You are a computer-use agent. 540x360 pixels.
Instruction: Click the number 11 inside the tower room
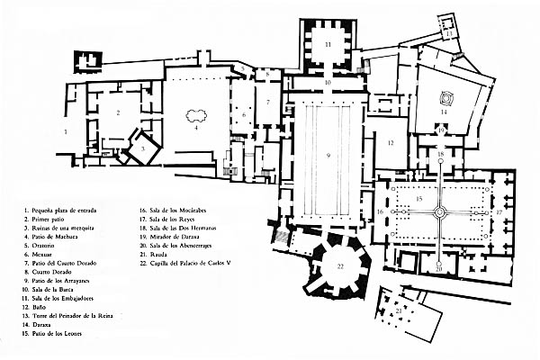pos(328,43)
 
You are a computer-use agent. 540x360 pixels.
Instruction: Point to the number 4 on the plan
pos(194,127)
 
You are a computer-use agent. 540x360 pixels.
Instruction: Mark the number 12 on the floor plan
pos(392,143)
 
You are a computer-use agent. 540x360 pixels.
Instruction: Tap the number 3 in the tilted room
pos(141,147)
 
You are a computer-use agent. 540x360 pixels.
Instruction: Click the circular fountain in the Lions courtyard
pos(439,212)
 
